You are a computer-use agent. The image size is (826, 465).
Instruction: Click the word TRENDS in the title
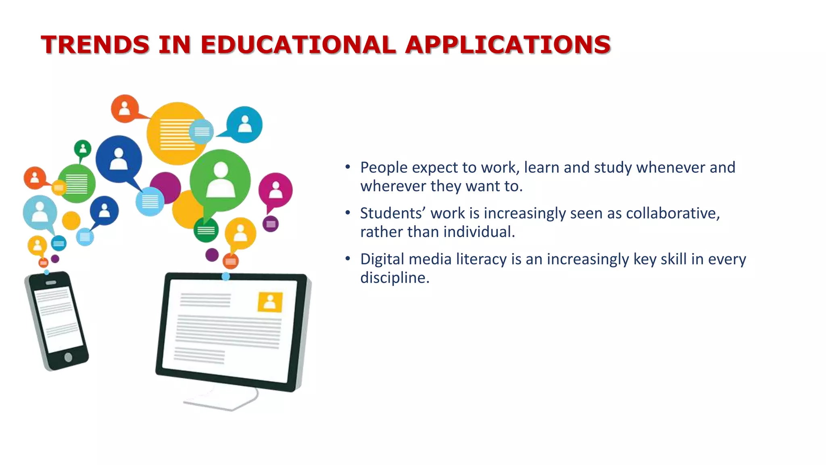[95, 44]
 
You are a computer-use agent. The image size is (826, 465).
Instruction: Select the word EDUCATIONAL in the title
[298, 44]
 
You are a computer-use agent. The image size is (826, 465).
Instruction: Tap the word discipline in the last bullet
[394, 278]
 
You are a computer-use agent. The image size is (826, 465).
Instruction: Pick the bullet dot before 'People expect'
[348, 167]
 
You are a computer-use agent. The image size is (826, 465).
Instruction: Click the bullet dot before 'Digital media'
[348, 259]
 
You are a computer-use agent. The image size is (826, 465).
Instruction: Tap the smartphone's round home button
[68, 357]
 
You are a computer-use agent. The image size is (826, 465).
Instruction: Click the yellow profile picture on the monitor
[270, 302]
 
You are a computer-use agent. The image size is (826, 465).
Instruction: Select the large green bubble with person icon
[220, 180]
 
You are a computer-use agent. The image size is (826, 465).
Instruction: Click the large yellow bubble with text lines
[176, 133]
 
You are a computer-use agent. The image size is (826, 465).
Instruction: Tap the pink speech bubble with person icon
[275, 191]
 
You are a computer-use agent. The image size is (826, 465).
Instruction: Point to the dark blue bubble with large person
[119, 159]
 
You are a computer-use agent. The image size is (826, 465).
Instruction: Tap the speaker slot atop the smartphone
[51, 282]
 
